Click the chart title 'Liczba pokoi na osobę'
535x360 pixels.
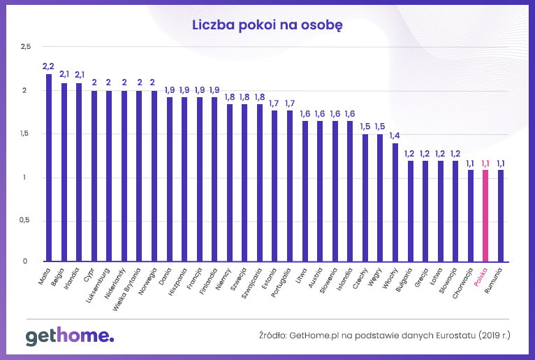[267, 25]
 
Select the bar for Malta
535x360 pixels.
[49, 168]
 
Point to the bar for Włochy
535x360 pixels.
[395, 203]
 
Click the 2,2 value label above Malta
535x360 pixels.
[48, 66]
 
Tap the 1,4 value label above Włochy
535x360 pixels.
[395, 136]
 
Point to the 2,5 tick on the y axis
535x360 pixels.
[27, 47]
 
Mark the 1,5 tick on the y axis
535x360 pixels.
[27, 134]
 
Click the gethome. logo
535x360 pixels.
[69, 336]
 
